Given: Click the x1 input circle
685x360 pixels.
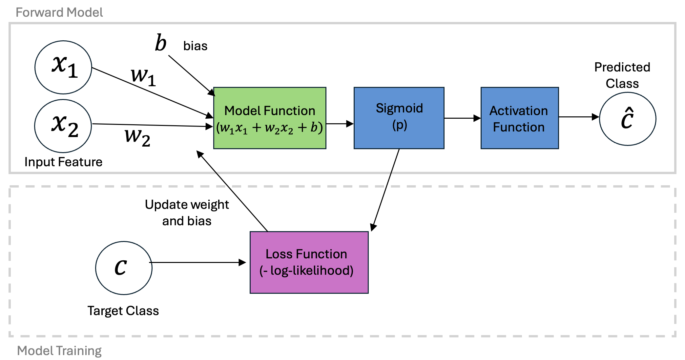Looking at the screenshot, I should pos(63,67).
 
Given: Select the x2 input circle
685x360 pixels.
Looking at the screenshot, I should pos(63,126).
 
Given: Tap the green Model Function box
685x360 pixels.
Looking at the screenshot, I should pos(270,118).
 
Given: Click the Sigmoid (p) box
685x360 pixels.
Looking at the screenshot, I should pos(399,118).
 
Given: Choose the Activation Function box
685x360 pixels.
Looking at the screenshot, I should pos(520,118).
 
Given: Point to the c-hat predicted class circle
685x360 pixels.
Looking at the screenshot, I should pos(628,119).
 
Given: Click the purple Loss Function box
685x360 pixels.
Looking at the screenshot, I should pos(309,262).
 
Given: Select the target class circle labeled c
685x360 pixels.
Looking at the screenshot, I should pos(124,268).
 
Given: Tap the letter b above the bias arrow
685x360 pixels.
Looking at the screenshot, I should pos(161,43).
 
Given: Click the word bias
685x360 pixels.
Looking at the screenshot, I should pos(195,46).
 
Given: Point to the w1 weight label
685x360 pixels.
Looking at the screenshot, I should pos(143,77).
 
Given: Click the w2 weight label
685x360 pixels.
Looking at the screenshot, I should pos(137,137).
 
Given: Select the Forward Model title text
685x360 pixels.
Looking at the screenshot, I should pos(59,12).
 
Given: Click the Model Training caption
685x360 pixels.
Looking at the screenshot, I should pos(59,351).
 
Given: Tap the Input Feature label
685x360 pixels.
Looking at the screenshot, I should pos(63,162).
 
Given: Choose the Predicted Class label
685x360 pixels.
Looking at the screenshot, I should pos(622,75).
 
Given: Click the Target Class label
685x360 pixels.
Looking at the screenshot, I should pos(123,311).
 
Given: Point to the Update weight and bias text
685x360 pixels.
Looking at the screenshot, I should pos(187,212).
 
